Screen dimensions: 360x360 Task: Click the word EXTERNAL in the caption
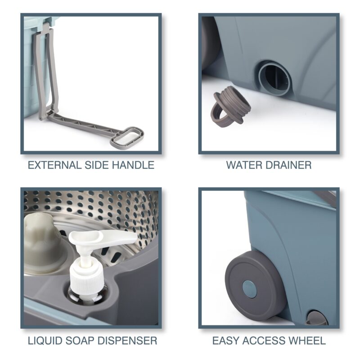click(x=54, y=165)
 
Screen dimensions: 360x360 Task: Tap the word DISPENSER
click(x=127, y=341)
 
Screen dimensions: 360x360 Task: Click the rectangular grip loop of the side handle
click(x=127, y=137)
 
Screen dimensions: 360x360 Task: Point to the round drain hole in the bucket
click(x=275, y=78)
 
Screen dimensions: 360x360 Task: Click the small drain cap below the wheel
click(x=317, y=318)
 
